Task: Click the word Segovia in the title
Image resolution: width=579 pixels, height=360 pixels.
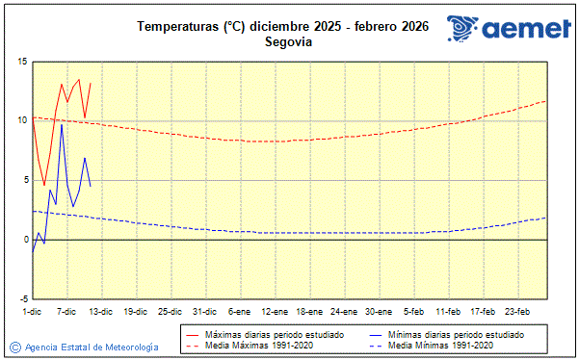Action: (282, 41)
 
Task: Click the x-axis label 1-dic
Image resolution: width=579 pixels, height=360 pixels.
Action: (32, 311)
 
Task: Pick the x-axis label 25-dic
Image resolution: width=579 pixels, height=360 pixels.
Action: (170, 311)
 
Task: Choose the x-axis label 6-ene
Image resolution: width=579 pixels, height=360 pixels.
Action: (239, 311)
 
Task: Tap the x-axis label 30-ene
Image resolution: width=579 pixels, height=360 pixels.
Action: (379, 311)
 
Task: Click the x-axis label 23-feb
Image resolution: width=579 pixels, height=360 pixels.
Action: (518, 311)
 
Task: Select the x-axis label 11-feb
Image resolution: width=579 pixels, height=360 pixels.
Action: (448, 311)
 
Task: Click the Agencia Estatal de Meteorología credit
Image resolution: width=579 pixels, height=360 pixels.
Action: (92, 347)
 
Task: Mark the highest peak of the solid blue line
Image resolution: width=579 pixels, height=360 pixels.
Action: (62, 124)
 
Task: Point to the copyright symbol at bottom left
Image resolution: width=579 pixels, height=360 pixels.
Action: (14, 347)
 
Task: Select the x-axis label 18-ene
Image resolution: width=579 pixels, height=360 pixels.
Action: (309, 311)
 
